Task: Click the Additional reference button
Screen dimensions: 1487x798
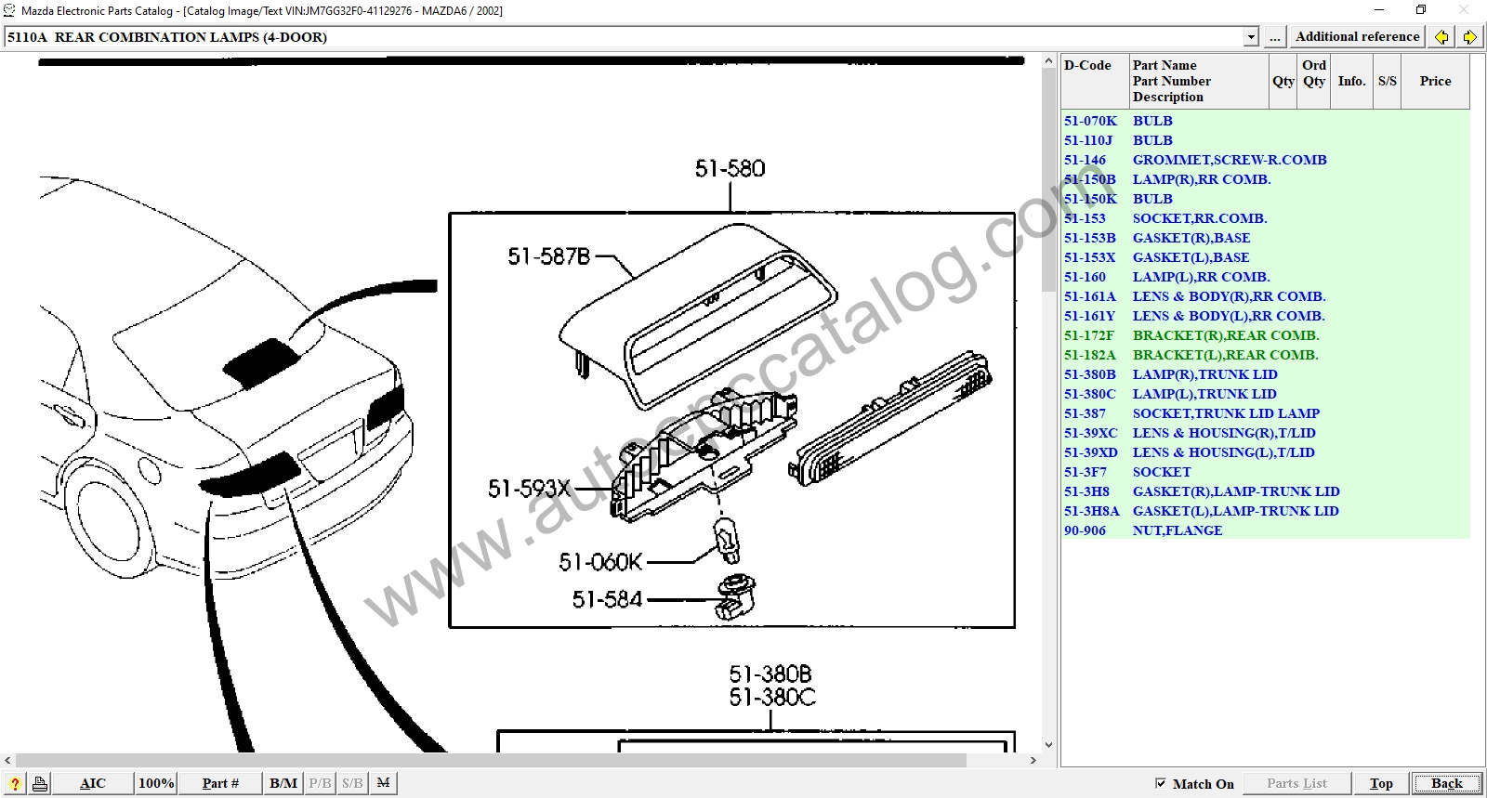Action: [1357, 37]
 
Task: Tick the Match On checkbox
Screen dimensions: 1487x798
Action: [1161, 783]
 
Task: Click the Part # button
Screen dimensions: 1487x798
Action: [220, 783]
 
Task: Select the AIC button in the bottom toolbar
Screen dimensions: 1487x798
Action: [92, 783]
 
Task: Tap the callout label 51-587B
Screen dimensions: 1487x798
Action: [548, 256]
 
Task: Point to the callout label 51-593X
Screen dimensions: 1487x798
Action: [529, 489]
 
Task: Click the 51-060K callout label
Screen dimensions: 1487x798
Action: [600, 563]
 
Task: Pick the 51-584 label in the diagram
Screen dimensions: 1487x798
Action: [607, 599]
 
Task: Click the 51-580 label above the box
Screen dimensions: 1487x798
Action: [730, 168]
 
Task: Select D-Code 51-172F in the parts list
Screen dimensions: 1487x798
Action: [1088, 335]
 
